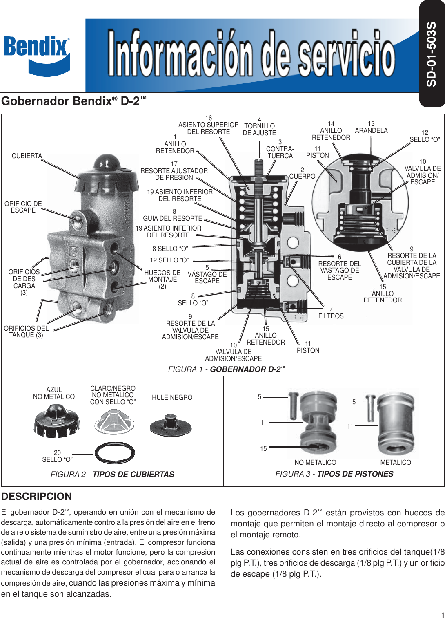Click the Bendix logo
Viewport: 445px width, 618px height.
[37, 55]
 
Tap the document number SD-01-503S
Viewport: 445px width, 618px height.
[432, 54]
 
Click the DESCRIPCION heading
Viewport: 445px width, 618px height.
[37, 496]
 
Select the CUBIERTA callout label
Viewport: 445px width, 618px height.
[27, 156]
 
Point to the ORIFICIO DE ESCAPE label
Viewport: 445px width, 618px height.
[23, 207]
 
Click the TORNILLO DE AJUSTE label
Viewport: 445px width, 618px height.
[259, 129]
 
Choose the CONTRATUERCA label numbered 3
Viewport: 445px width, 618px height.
[280, 152]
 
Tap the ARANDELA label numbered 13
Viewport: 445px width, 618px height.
[371, 130]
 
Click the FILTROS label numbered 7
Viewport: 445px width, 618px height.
[331, 316]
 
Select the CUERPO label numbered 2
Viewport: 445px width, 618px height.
[302, 176]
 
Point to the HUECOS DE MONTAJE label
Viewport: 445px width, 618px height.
[162, 279]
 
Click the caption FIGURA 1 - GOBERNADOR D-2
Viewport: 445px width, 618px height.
[226, 369]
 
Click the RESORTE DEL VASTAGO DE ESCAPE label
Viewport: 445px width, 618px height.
[339, 270]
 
